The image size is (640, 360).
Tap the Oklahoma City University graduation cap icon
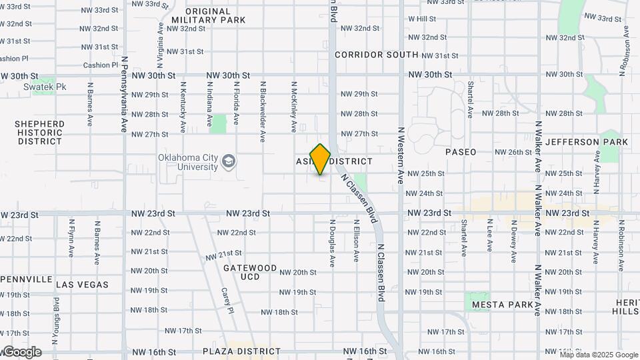tap(229, 161)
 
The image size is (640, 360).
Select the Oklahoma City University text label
tap(188, 162)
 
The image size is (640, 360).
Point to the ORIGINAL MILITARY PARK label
tap(207, 15)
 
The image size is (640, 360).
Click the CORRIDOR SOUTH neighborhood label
tap(377, 55)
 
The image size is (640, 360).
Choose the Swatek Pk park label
tap(34, 87)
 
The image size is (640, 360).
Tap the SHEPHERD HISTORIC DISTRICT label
tap(40, 133)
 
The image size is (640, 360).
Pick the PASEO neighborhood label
tap(461, 152)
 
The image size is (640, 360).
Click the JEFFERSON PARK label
tap(586, 142)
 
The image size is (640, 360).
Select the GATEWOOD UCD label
tap(249, 272)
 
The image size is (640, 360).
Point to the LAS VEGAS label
tap(82, 285)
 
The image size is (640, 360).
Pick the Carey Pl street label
tap(228, 301)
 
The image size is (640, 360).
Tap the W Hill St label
tap(421, 19)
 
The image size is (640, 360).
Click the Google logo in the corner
tap(21, 352)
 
